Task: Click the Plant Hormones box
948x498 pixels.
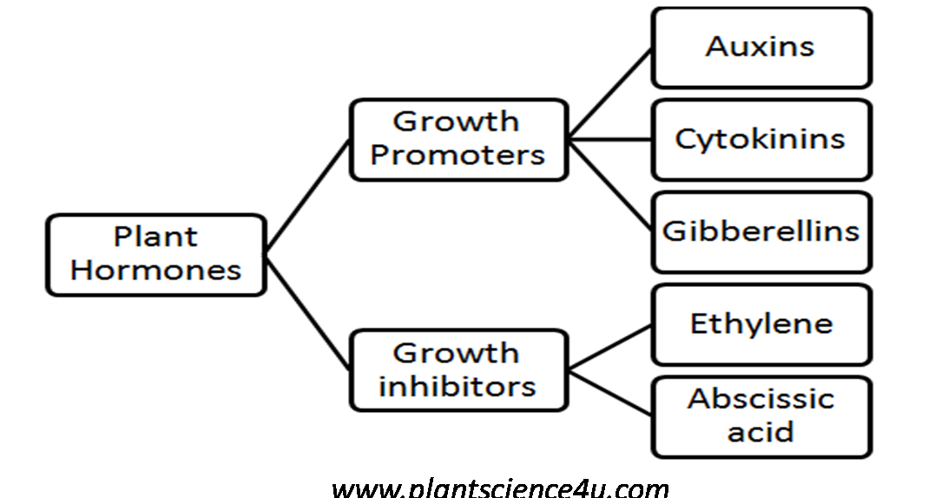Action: tap(155, 254)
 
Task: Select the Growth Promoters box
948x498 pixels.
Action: tap(458, 139)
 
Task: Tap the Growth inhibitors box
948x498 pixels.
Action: tap(458, 369)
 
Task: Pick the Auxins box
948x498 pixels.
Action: tap(760, 48)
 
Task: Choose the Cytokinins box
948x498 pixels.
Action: tap(760, 139)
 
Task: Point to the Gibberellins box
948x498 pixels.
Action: tap(760, 231)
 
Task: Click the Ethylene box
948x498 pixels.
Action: tap(760, 324)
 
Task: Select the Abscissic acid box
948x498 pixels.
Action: tap(760, 415)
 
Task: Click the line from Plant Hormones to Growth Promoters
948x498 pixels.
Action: tap(307, 196)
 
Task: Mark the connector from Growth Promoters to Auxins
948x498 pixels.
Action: tap(609, 93)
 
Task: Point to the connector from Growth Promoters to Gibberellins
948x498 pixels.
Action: tap(609, 183)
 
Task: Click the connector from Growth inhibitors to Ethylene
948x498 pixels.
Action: tap(609, 346)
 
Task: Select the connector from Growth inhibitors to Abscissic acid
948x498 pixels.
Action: tap(609, 390)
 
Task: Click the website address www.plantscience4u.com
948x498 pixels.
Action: tap(500, 488)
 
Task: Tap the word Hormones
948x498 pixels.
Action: tap(155, 269)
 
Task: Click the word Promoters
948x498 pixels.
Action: tap(458, 156)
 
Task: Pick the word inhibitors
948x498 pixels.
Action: tap(458, 385)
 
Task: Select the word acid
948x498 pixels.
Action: tap(760, 432)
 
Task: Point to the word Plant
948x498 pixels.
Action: tap(155, 237)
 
